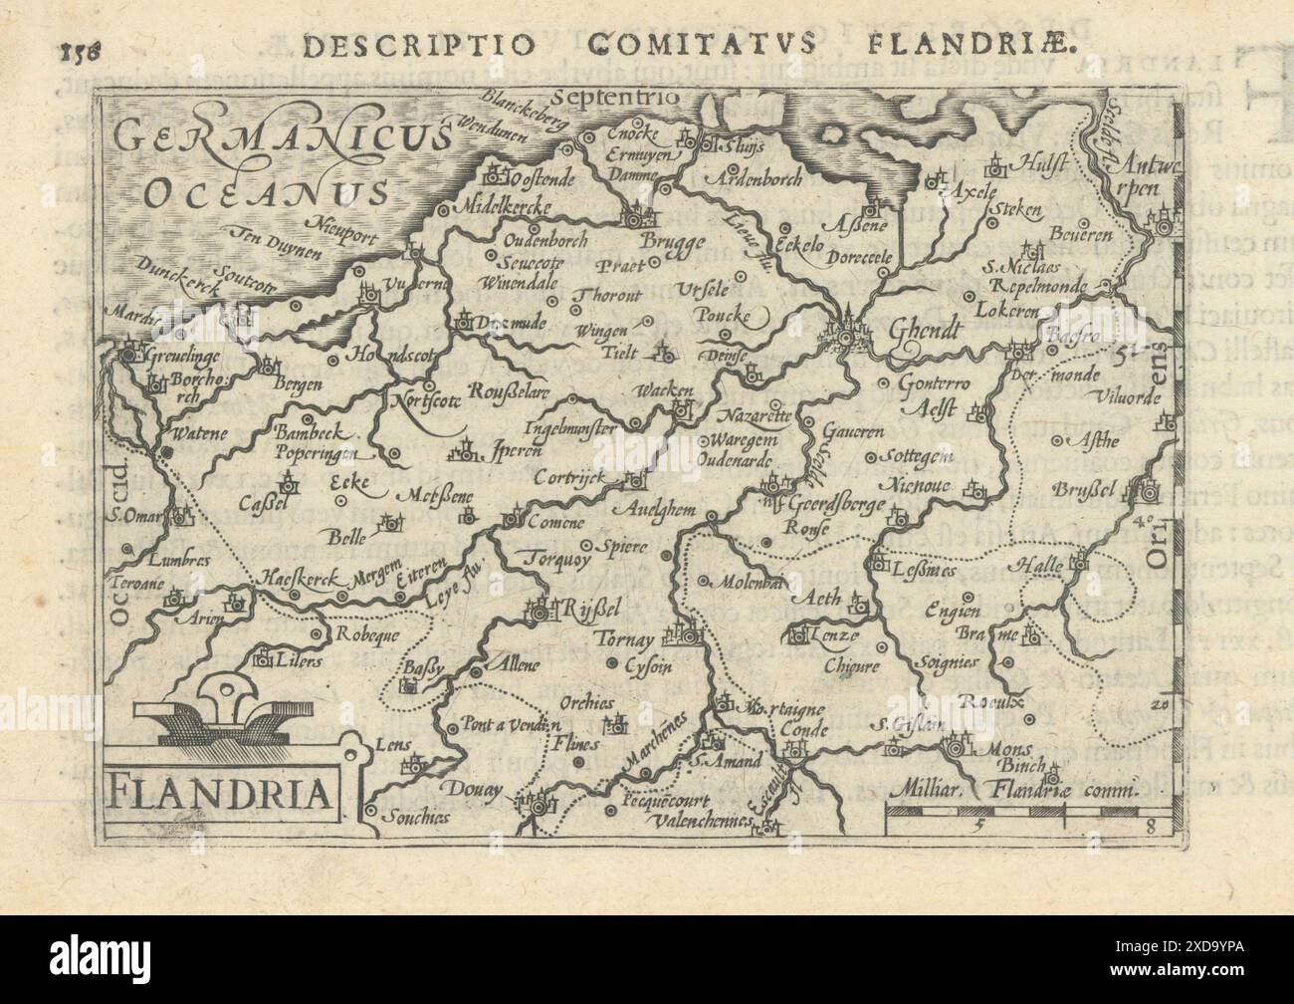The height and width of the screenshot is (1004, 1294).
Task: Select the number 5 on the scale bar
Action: pyautogui.click(x=979, y=825)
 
